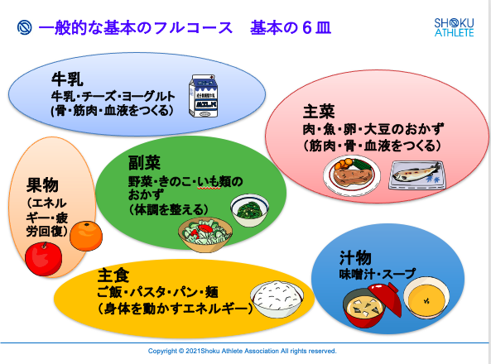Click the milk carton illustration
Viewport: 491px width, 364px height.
click(x=203, y=96)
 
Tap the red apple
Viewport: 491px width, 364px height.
click(x=44, y=259)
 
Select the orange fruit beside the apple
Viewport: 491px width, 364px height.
click(x=86, y=236)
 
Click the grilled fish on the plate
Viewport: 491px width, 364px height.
click(x=416, y=174)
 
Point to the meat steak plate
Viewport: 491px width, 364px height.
click(x=352, y=175)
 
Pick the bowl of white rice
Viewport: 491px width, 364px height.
click(x=277, y=299)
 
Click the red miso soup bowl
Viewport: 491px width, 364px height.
click(x=364, y=309)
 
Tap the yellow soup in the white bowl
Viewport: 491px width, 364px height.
click(x=426, y=300)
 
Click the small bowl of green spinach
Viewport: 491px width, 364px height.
click(x=250, y=209)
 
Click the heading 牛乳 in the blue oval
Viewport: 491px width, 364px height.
click(x=67, y=79)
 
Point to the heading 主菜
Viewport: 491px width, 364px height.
click(x=319, y=112)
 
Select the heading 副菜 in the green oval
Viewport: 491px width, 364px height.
click(x=144, y=163)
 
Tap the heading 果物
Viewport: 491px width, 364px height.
click(x=42, y=185)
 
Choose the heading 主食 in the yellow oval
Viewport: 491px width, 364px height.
click(x=113, y=275)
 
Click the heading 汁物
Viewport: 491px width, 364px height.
click(x=355, y=258)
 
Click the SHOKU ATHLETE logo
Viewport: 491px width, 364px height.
click(x=454, y=27)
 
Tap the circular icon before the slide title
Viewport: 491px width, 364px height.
click(x=24, y=27)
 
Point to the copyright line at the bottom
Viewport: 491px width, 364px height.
click(x=242, y=351)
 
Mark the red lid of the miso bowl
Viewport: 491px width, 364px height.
click(x=385, y=298)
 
